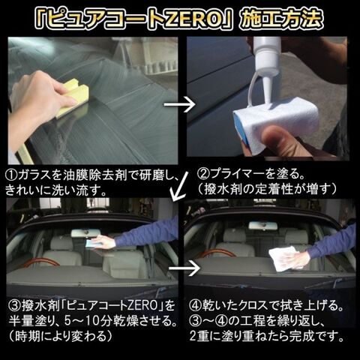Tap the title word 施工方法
[x=280, y=19]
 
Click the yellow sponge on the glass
[x=72, y=97]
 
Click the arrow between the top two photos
[x=179, y=105]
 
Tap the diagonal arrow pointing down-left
[x=179, y=186]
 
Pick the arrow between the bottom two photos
[x=184, y=268]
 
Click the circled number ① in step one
[x=11, y=176]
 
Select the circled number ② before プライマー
[x=203, y=174]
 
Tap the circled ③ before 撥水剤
[x=15, y=306]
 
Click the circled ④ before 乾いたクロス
[x=195, y=305]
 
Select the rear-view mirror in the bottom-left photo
[x=85, y=233]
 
